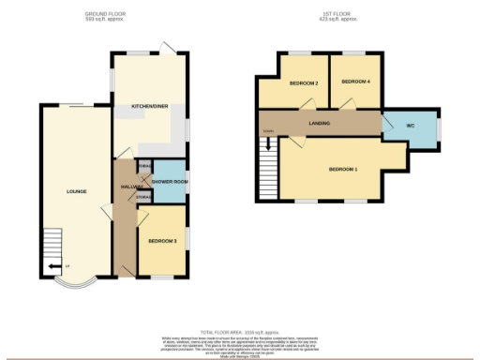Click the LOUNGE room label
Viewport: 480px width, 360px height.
[x=77, y=191]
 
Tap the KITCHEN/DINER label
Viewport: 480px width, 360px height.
[x=150, y=107]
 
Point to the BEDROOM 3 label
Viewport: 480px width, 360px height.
[x=162, y=241]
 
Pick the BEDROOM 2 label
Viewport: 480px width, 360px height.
[x=304, y=83]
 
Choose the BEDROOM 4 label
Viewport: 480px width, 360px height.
[x=355, y=82]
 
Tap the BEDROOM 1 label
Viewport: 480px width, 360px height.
[x=343, y=170]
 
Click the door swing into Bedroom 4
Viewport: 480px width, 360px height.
[x=348, y=103]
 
